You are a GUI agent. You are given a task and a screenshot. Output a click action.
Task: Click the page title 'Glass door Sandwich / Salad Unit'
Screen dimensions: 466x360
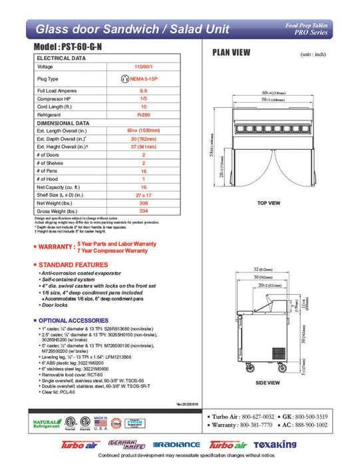pos(132,29)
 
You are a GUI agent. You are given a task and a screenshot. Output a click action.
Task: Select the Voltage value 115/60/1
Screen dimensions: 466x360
pos(143,67)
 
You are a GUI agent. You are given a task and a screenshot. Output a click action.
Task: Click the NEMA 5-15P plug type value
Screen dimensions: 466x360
pos(143,79)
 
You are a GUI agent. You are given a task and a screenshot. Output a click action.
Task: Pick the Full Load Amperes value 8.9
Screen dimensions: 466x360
pos(143,90)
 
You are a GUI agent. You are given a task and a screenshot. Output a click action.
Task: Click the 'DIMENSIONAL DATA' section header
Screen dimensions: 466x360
pos(63,124)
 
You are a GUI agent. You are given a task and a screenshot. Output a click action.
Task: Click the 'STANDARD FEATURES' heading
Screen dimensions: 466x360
pos(73,265)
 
